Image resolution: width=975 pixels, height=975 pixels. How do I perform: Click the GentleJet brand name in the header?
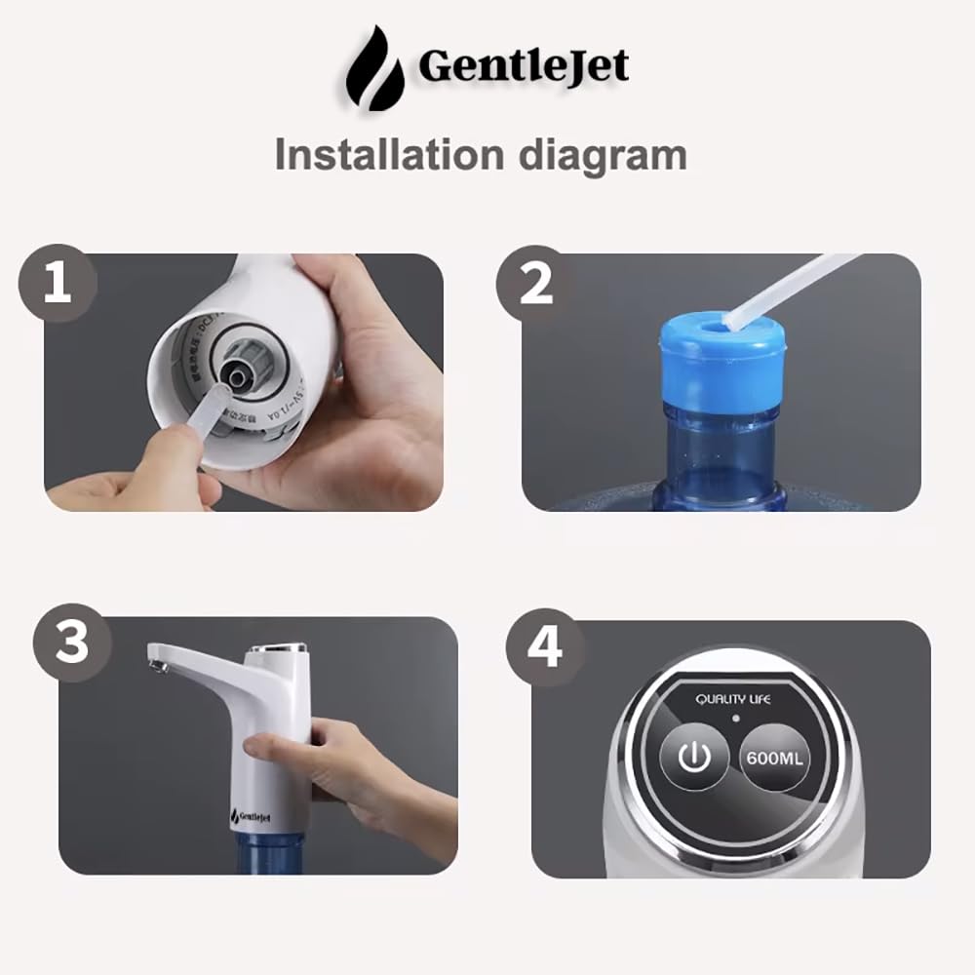click(523, 66)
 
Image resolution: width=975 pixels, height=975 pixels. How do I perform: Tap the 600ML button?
click(775, 758)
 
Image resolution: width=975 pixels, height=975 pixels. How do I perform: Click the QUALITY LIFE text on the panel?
click(732, 699)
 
